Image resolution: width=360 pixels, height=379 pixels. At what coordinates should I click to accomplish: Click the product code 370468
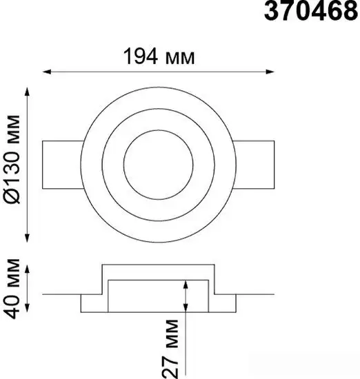(311, 10)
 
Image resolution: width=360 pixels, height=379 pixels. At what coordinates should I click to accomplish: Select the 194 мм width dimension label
(159, 57)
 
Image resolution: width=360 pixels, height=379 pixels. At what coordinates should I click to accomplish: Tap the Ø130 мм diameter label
(12, 159)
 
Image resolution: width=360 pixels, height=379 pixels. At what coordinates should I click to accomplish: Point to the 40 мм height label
(12, 288)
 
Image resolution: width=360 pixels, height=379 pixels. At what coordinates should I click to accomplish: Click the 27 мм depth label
(170, 349)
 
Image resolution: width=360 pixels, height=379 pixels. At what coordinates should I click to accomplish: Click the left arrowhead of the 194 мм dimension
(47, 72)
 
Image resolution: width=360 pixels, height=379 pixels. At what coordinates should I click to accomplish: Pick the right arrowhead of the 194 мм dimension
(270, 72)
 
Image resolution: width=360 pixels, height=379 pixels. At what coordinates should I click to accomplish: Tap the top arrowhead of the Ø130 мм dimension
(28, 92)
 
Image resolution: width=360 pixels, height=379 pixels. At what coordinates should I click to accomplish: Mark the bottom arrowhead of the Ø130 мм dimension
(28, 238)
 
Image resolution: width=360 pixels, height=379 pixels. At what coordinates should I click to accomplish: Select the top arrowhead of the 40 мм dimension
(28, 269)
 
